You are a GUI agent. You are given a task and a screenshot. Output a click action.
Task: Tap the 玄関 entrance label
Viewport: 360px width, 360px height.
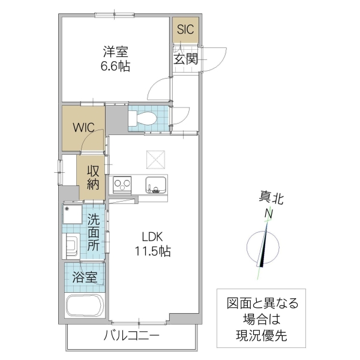(x=186, y=59)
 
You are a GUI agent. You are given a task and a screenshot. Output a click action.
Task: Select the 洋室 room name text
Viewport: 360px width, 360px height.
(x=115, y=52)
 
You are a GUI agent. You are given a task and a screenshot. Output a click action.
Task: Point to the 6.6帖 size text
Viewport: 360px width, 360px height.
(x=115, y=66)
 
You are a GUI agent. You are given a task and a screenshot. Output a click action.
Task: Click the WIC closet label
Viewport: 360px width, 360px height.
(x=83, y=127)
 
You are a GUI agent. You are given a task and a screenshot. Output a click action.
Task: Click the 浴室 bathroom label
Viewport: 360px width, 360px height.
(x=85, y=277)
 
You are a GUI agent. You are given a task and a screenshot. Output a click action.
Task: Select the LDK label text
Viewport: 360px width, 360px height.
(x=152, y=236)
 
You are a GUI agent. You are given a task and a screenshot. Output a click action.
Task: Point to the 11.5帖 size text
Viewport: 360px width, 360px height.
(x=152, y=251)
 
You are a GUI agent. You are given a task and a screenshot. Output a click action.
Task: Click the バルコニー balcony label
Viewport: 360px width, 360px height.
(x=131, y=335)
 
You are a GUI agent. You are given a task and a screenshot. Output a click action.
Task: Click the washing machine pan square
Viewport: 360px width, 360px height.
(x=73, y=214)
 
